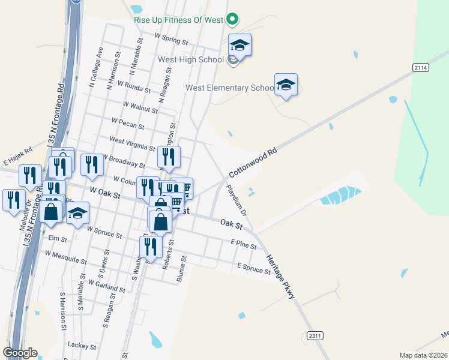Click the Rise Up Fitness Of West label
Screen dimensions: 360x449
[178, 19]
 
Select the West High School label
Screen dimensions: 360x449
[190, 60]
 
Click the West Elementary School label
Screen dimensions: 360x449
[229, 88]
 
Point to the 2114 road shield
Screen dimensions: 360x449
[421, 68]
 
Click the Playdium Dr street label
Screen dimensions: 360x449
[236, 200]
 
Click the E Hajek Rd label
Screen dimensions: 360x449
[17, 157]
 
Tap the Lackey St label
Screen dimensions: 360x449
[82, 346]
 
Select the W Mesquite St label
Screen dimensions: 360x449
[66, 257]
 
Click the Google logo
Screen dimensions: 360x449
[20, 353]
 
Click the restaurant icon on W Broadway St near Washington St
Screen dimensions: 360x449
[169, 157]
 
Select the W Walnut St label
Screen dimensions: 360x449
[140, 107]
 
